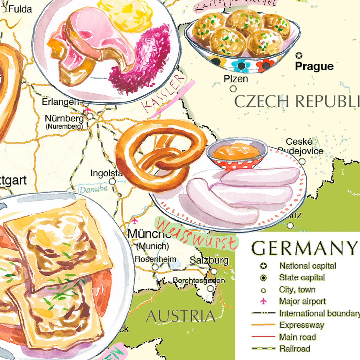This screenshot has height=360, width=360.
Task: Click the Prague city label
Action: tap(314, 66)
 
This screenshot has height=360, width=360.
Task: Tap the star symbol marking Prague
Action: tap(299, 55)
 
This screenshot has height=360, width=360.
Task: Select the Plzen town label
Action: tap(236, 79)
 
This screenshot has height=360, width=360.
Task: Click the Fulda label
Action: tap(20, 9)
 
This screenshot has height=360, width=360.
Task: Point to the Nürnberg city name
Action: tap(64, 118)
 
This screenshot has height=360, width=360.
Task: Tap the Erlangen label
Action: tap(60, 102)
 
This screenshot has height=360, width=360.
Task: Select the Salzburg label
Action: tap(209, 260)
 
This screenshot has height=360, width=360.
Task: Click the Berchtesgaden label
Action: tap(199, 280)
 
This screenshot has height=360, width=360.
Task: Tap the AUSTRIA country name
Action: tap(181, 316)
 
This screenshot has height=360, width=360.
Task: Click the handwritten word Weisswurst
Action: tap(196, 235)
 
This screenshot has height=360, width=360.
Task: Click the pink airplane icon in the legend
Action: tap(263, 301)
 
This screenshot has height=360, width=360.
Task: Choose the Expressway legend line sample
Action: tap(263, 325)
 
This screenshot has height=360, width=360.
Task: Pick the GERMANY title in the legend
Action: tap(304, 248)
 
